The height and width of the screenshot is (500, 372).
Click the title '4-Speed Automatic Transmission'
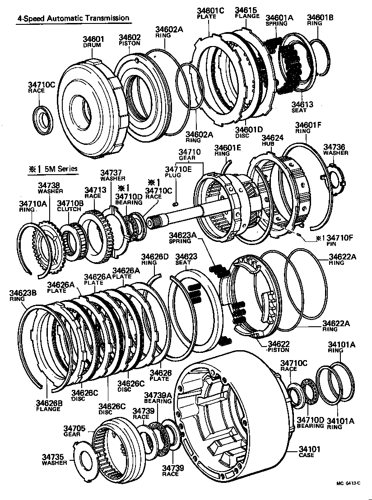coord(73,19)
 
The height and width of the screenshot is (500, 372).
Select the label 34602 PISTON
coord(130,40)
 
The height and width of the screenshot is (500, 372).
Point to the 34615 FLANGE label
coord(247,13)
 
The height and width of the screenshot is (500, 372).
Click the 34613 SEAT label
coord(302,107)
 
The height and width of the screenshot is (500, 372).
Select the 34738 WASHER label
coord(49,188)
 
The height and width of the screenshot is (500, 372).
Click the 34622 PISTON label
coord(279,347)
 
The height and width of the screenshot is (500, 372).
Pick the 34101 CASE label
coord(309,452)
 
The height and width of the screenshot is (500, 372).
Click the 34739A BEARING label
coord(158,398)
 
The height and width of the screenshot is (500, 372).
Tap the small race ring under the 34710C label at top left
coord(44,119)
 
